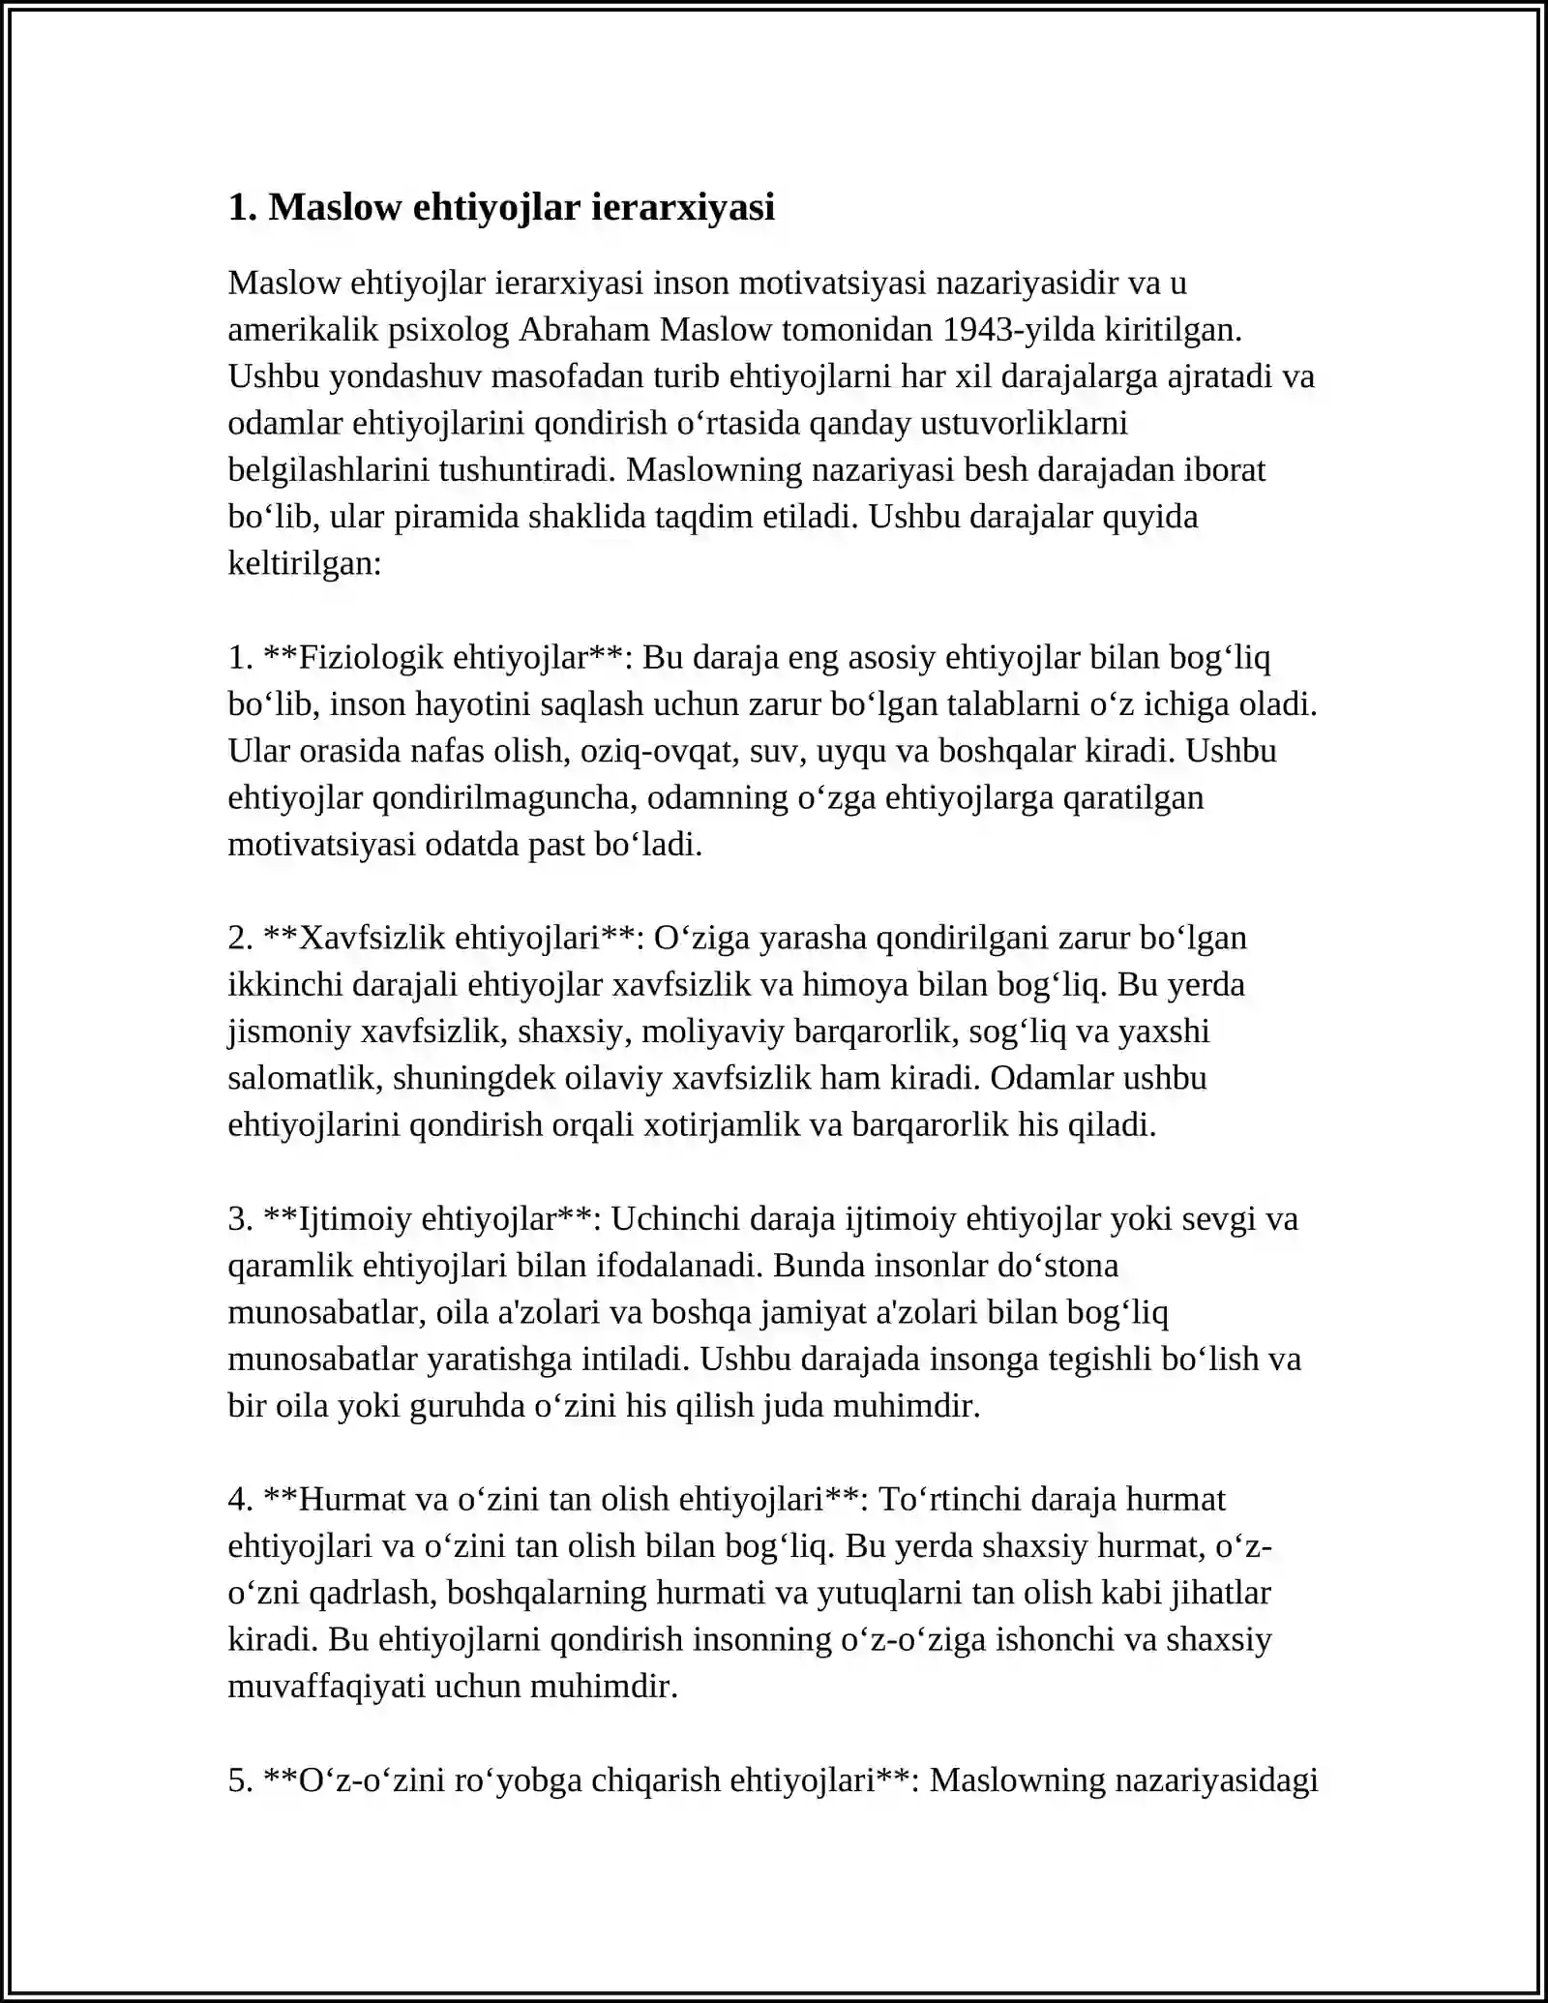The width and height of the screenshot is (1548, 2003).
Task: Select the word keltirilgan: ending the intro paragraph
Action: (305, 563)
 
